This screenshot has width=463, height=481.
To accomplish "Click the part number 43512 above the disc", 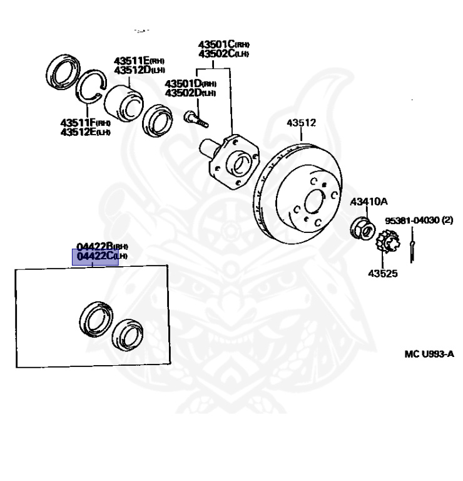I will [301, 123].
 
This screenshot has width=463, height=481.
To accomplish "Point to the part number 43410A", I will [369, 202].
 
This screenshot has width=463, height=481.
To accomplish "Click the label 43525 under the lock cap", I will [382, 274].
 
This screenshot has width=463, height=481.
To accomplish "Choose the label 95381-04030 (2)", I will [419, 220].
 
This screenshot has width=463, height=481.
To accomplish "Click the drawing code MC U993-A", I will [429, 354].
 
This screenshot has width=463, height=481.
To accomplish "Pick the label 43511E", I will [131, 61].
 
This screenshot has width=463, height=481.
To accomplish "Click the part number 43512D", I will [131, 70].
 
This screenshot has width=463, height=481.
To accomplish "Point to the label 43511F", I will [78, 123].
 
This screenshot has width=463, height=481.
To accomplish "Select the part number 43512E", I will [78, 132].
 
